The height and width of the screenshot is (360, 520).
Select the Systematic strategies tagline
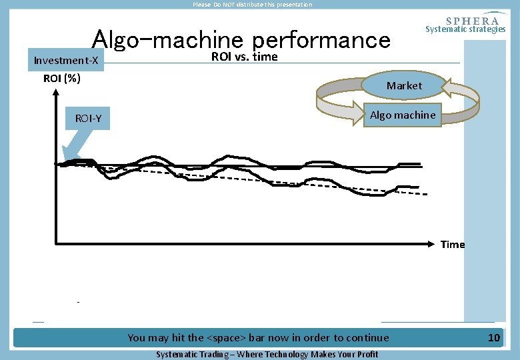[465, 29]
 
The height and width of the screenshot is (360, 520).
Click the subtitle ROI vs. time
[244, 57]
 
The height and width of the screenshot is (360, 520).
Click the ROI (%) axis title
[62, 79]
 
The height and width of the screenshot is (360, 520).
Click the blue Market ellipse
[404, 85]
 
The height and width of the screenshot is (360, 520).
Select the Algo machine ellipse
[403, 115]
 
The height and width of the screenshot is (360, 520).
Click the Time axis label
[452, 245]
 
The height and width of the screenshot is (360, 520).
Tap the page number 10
[493, 338]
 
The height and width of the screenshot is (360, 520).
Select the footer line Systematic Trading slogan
[267, 354]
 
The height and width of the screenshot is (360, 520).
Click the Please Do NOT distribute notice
[252, 5]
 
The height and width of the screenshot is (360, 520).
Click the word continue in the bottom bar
[367, 338]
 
